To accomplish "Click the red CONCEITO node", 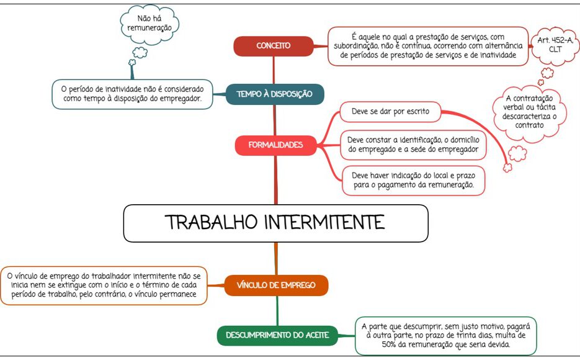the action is [x=274, y=46].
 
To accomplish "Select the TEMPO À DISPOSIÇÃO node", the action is [x=275, y=94].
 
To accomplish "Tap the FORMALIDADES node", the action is [x=275, y=145].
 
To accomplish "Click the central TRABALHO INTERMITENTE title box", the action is [x=275, y=223].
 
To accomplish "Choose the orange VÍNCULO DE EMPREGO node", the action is [x=276, y=286].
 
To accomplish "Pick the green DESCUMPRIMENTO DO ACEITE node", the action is [x=277, y=335].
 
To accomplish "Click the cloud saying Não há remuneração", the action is [x=149, y=24].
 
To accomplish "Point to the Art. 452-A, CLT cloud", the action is [x=555, y=45].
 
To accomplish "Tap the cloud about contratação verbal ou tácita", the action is [x=529, y=112].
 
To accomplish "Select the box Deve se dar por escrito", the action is [x=390, y=112].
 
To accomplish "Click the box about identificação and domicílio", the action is [x=413, y=145].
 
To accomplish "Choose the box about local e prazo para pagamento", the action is [x=413, y=181].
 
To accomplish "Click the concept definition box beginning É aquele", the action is [x=428, y=47].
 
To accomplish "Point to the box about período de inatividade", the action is [x=132, y=94].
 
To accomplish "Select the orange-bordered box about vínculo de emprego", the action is [x=104, y=286].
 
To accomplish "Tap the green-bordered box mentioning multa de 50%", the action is [x=446, y=336].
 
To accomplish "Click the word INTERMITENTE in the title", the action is [x=324, y=222].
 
